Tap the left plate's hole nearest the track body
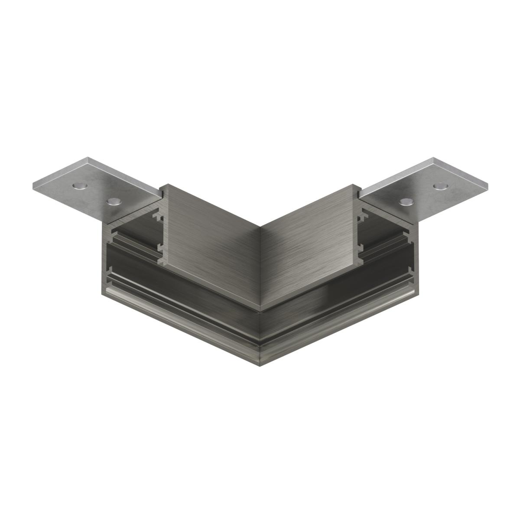click(114, 201)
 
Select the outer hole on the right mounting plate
click(440, 186)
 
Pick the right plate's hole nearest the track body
click(406, 201)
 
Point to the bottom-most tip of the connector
click(260, 363)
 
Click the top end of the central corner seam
click(260, 226)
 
